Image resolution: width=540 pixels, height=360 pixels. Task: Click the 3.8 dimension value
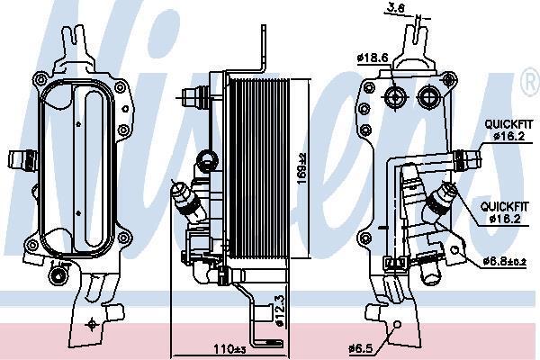[396, 7]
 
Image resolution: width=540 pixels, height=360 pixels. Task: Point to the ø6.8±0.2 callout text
[505, 262]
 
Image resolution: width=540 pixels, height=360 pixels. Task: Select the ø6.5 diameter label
[361, 348]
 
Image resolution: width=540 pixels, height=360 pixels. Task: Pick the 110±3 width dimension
[228, 349]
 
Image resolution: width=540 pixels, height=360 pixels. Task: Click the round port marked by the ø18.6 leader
[395, 97]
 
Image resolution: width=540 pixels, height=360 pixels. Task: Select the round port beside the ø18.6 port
[427, 97]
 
